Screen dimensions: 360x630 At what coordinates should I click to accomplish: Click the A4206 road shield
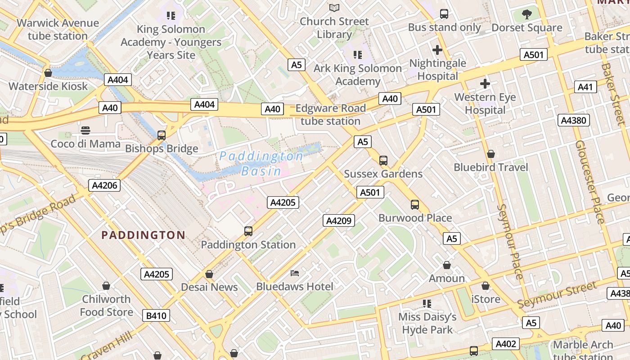coord(104,185)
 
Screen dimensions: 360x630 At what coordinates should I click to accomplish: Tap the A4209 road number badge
coord(339,220)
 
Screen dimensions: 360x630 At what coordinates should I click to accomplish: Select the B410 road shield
coord(156,315)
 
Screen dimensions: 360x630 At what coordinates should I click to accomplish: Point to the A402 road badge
coord(505,344)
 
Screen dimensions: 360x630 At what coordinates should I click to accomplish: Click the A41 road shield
coord(585,87)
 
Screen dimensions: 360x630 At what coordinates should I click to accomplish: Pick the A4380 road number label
coord(574,120)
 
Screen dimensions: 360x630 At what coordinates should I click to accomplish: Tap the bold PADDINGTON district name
coord(143,235)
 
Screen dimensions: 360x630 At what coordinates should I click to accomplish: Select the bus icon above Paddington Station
coord(248,231)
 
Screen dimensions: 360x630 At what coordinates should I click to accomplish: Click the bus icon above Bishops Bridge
coord(161,135)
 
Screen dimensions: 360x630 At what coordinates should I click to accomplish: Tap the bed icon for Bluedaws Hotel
coord(295,273)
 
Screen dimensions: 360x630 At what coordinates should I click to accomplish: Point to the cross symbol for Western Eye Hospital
coord(485,83)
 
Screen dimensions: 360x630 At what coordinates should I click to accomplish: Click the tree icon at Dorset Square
coord(527,14)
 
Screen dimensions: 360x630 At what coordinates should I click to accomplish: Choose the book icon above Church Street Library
coord(334,8)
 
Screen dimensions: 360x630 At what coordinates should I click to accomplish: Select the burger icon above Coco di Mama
coord(85,130)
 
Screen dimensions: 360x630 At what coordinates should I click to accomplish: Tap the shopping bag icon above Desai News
coord(209,274)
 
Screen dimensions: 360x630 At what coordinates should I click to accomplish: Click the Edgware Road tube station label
coord(330,115)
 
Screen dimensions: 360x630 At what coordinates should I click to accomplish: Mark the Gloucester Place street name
coord(590,182)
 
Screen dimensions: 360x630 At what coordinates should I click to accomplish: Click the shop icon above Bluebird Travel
coord(490,154)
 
